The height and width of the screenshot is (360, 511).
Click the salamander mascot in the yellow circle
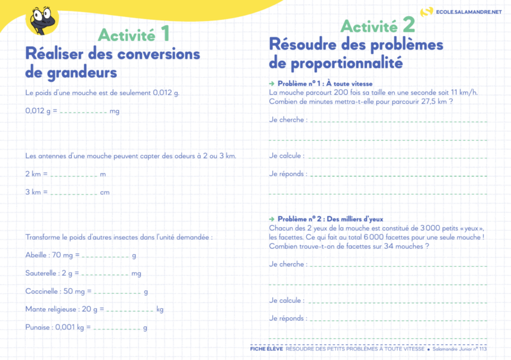pos(42,19)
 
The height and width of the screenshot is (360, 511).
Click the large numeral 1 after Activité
pos(165,33)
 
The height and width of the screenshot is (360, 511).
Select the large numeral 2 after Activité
pos(408,25)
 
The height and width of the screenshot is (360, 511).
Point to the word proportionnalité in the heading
pos(346,63)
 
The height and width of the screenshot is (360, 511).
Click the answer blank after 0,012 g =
pos(83,112)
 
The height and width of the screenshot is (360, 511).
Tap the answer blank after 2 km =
pos(74,175)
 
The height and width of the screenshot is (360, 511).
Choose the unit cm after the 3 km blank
pos(105,193)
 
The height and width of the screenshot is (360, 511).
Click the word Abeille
pos(36,255)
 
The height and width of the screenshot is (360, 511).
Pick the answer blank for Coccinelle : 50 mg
pos(117,293)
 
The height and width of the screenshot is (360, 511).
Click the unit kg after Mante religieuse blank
pos(160,309)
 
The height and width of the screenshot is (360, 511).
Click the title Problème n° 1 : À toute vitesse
pos(325,83)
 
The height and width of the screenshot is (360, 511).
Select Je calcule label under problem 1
pos(286,156)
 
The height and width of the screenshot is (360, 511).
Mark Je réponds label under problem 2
pos(287,318)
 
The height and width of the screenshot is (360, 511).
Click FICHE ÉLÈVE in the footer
pos(266,349)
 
